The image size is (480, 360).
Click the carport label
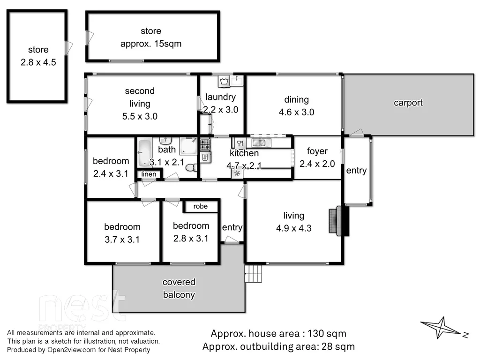[408, 103]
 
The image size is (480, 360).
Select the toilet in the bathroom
[191, 168]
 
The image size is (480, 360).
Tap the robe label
[200, 206]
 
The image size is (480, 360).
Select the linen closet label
[149, 174]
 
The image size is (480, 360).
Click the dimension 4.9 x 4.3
[293, 228]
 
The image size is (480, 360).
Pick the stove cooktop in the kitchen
[205, 144]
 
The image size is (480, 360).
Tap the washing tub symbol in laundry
[224, 82]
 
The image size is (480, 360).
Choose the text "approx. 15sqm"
[150, 44]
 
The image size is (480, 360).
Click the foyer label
[317, 151]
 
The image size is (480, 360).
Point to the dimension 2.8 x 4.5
[38, 62]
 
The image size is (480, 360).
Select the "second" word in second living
[140, 91]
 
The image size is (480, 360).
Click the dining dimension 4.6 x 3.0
[296, 112]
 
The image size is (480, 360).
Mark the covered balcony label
[179, 288]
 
